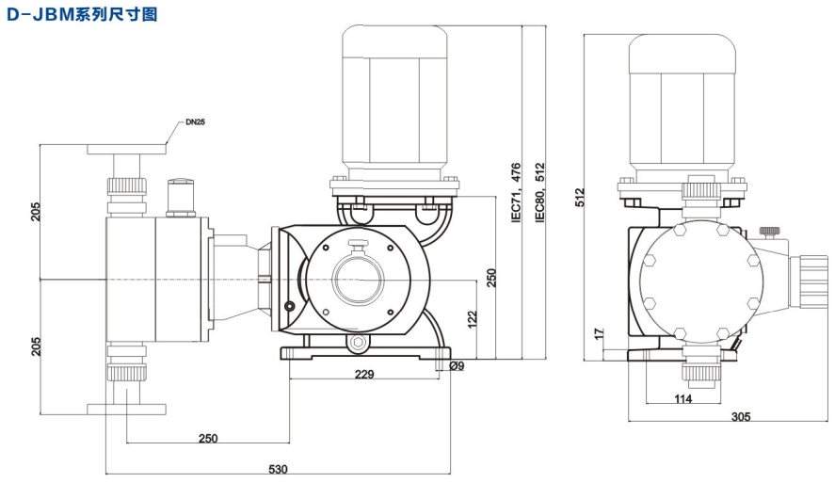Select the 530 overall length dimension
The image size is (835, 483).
click(x=279, y=469)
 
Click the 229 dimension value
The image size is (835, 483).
click(x=364, y=374)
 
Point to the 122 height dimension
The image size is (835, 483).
click(x=473, y=321)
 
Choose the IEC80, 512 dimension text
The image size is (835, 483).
click(x=539, y=192)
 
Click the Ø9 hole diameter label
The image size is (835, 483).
click(x=458, y=365)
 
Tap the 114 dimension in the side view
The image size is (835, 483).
click(x=682, y=399)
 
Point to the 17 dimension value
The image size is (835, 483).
click(x=600, y=334)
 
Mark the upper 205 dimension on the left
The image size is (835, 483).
click(x=36, y=211)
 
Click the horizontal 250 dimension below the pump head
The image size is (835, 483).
click(x=210, y=439)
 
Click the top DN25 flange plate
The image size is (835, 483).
click(x=126, y=148)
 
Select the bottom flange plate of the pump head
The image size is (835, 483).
click(x=126, y=408)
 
